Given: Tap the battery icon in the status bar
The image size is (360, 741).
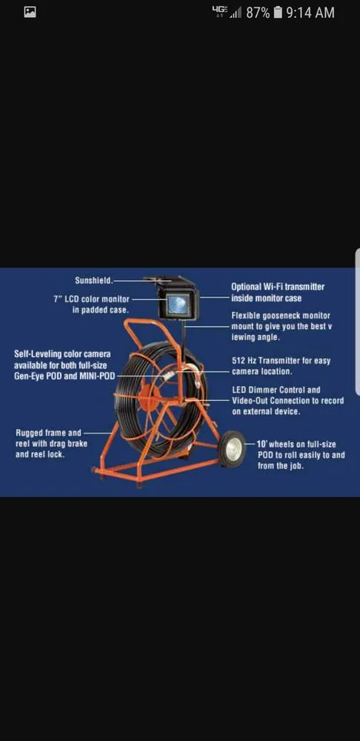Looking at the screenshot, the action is click(x=278, y=13).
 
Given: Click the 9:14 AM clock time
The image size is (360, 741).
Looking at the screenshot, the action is click(x=310, y=13).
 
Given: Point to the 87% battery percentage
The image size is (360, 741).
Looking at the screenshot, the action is click(x=258, y=13).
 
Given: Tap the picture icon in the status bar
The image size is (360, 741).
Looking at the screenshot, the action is click(x=30, y=13).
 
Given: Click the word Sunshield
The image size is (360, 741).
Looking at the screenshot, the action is click(x=94, y=281).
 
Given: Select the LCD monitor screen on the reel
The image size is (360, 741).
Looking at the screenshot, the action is click(x=178, y=304).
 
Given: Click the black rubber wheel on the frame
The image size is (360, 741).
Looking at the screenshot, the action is click(x=232, y=449).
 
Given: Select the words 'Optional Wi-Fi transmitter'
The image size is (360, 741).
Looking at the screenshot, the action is click(x=278, y=287).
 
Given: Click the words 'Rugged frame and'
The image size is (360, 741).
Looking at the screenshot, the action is click(x=48, y=433).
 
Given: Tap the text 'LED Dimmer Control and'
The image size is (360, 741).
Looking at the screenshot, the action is click(x=276, y=390).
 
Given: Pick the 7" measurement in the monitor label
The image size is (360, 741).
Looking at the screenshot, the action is click(x=58, y=299).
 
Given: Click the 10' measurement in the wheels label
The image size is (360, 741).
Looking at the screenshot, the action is click(x=263, y=444).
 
